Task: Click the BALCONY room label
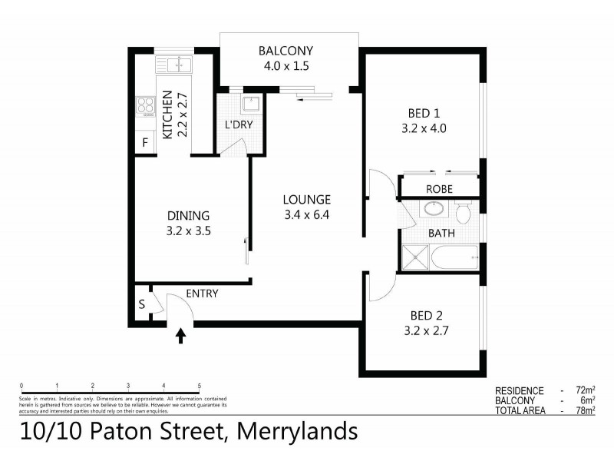pos(286,51)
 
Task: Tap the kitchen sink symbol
pos(174,64)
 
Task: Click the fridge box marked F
pos(144,143)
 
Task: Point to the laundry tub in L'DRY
pos(249,105)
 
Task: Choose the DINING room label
pos(188,215)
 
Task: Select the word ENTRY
pos(203,294)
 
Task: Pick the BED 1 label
pos(422,114)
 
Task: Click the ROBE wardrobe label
pos(439,188)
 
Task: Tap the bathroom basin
pos(434,209)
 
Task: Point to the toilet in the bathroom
pos(464,212)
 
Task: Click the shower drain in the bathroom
pos(414,258)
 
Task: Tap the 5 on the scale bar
pos(200,386)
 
